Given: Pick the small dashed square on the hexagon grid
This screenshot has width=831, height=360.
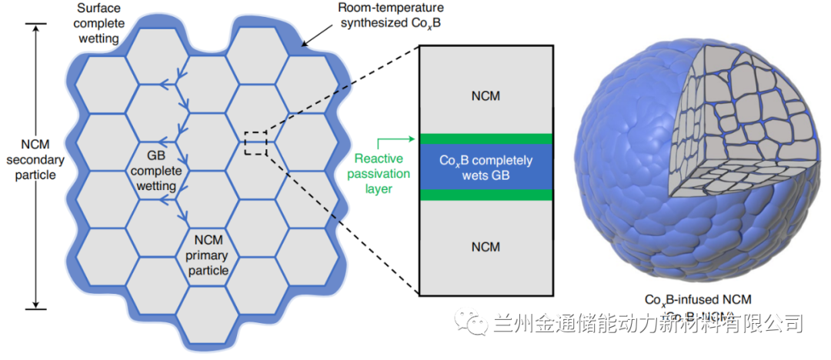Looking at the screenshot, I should point(255,143).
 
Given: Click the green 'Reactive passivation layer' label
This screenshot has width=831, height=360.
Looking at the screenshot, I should point(381,174).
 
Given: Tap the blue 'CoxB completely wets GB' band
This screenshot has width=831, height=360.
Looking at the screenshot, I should point(485,167).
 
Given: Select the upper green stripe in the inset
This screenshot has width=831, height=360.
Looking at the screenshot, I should point(485,139).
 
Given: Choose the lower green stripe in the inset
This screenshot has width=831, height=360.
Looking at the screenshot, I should point(485,195).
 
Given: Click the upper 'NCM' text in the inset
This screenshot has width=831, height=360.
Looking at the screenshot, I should point(485,95).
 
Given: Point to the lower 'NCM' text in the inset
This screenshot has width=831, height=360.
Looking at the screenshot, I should point(485,246).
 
